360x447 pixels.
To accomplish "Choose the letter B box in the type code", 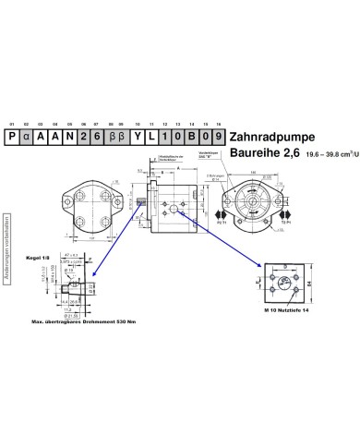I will (191, 136).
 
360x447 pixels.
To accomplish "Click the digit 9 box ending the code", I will (218, 136).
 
